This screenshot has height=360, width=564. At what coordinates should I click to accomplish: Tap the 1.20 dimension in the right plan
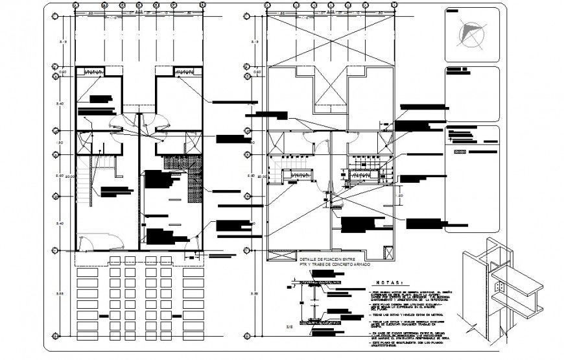[400, 194]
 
